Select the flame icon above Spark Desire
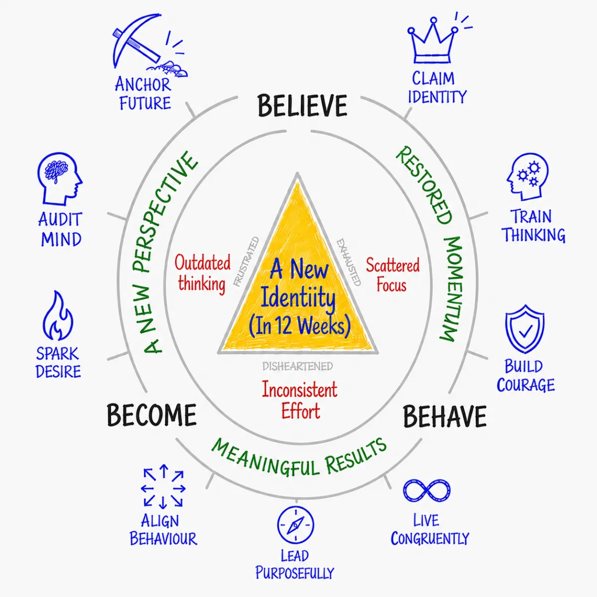(x=58, y=315)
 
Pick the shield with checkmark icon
(x=525, y=329)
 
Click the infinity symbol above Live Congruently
(x=426, y=491)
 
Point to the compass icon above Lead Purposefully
(x=295, y=525)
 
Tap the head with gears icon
(x=527, y=177)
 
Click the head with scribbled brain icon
(x=60, y=179)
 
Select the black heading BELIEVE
(x=302, y=106)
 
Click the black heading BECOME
(x=152, y=415)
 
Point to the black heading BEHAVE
(x=445, y=417)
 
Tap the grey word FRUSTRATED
(x=246, y=262)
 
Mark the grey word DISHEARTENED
(x=298, y=366)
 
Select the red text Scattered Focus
(x=392, y=275)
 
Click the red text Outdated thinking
(x=202, y=273)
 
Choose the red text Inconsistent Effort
(x=299, y=400)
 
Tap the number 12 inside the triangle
(x=285, y=326)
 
